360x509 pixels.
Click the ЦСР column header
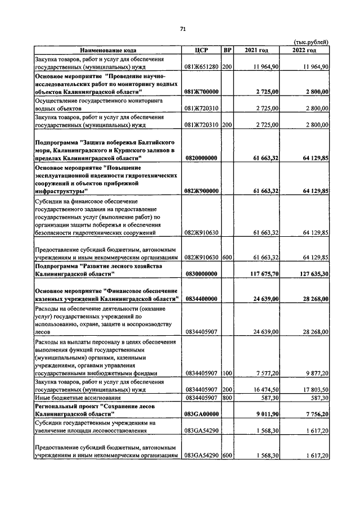point(201,51)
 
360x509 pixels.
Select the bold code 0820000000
point(201,159)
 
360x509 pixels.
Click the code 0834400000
point(201,299)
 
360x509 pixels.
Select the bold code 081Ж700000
point(201,91)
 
